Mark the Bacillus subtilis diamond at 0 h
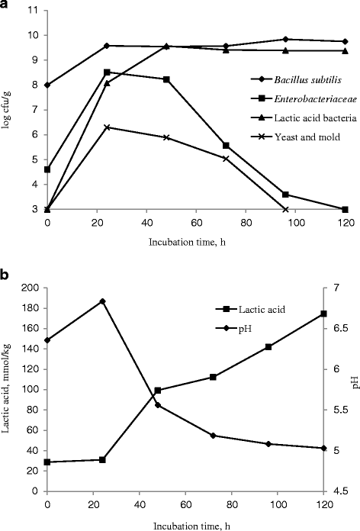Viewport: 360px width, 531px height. point(47,85)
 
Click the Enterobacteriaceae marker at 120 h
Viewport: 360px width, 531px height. point(324,209)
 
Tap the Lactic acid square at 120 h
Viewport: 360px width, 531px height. point(323,314)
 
